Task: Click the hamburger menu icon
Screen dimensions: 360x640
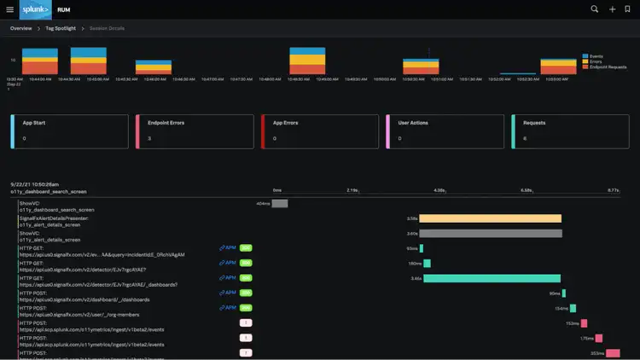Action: [10, 9]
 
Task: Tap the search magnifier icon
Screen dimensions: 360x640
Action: [595, 9]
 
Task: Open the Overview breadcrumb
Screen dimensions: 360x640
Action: [21, 28]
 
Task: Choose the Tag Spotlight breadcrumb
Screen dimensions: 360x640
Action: [61, 28]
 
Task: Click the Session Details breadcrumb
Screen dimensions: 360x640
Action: [107, 28]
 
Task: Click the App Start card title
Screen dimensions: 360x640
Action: [34, 123]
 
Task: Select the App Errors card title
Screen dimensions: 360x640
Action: [285, 123]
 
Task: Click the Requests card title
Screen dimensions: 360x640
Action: [534, 123]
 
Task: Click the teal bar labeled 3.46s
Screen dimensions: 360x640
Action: [492, 278]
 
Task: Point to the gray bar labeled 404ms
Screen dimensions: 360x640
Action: [280, 204]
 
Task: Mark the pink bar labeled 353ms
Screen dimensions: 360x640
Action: [613, 352]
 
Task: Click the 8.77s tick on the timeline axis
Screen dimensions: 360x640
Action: [613, 190]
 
